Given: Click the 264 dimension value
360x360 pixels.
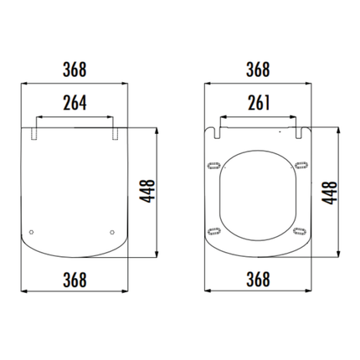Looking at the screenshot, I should pyautogui.click(x=72, y=103).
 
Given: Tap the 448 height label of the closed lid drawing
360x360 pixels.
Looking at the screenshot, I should pyautogui.click(x=148, y=192).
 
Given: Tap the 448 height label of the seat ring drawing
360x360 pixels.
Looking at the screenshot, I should pyautogui.click(x=332, y=192).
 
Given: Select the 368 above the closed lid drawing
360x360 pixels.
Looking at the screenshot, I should pyautogui.click(x=72, y=69).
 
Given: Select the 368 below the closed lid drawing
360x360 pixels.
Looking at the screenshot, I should pyautogui.click(x=72, y=278).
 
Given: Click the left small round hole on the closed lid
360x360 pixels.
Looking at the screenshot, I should pyautogui.click(x=32, y=232).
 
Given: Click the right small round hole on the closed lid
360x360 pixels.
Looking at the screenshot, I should pyautogui.click(x=112, y=232).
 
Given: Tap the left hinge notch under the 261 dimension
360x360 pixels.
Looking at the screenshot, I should pyautogui.click(x=219, y=131).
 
